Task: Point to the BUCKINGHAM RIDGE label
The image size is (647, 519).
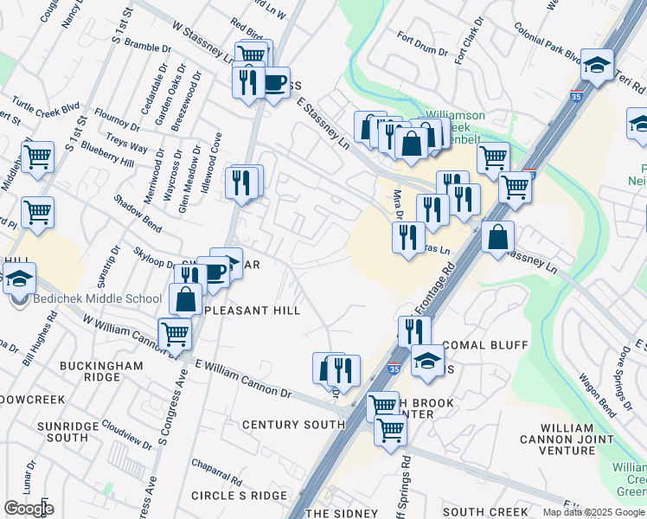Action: (x=101, y=372)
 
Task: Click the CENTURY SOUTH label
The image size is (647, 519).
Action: (x=294, y=425)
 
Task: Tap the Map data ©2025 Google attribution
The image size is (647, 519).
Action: (x=594, y=512)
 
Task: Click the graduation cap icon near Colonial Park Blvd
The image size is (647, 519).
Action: (x=597, y=65)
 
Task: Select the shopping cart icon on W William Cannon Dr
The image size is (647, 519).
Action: (x=175, y=332)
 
